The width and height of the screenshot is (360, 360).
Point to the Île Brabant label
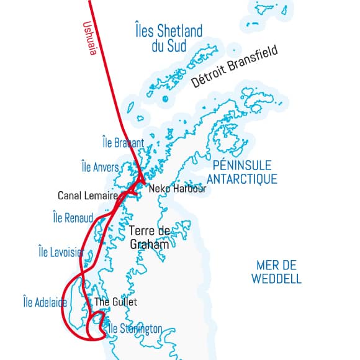123,143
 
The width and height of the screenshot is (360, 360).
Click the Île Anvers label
104,167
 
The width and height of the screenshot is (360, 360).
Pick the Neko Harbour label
177,189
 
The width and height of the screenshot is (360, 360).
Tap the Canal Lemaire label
88,196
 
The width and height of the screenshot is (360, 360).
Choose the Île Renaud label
73,218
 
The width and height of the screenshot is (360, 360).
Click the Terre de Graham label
149,238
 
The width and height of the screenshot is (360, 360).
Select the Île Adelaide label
45,302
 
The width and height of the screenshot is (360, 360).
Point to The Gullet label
115,302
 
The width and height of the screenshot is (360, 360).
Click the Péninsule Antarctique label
241,172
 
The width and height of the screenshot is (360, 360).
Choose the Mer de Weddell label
277,272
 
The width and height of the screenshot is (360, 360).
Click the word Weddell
277,279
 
